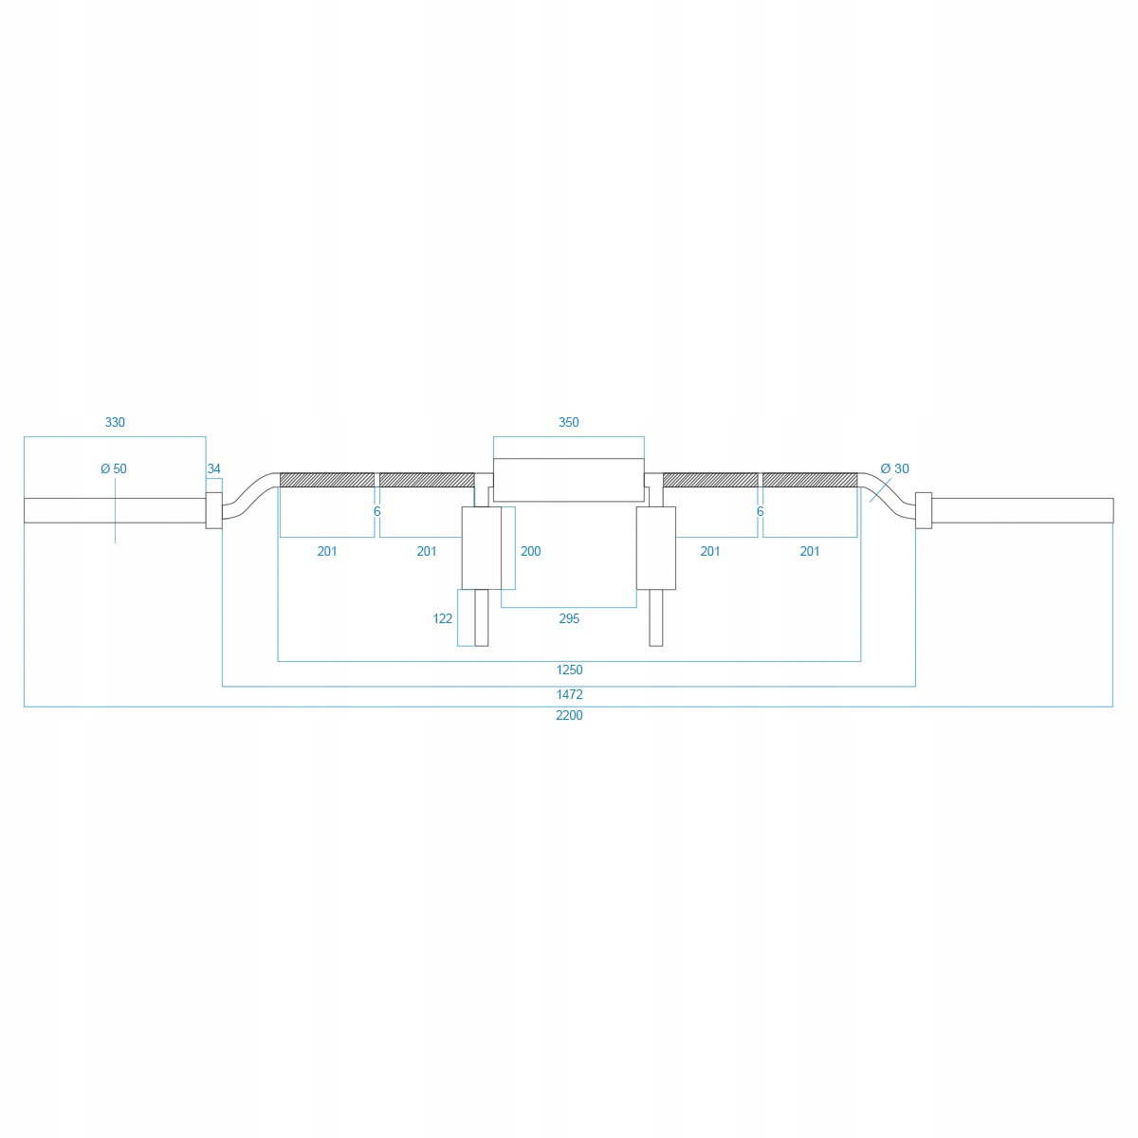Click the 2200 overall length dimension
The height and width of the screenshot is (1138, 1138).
click(x=569, y=715)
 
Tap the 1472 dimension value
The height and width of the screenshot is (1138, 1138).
click(x=569, y=694)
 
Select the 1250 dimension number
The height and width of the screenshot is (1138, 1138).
click(x=569, y=670)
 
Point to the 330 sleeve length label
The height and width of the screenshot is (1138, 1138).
click(x=115, y=422)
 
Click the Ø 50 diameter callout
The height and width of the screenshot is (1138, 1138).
click(x=114, y=468)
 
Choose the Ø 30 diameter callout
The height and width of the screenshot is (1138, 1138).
click(x=894, y=468)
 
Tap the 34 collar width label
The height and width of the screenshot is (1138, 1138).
click(x=213, y=468)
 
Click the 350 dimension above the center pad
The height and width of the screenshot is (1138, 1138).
click(x=569, y=422)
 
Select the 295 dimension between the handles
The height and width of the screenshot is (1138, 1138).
click(x=569, y=618)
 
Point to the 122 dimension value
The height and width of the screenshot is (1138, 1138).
click(x=442, y=618)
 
